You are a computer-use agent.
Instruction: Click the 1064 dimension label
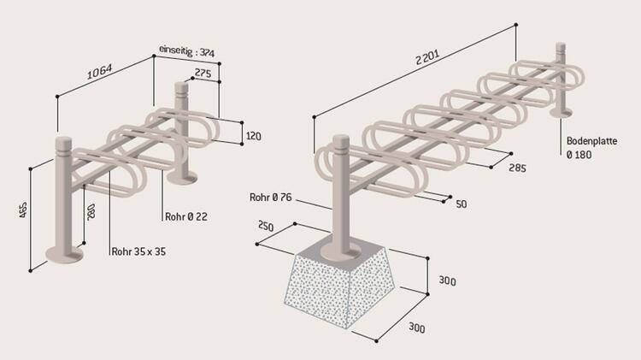coord(99,72)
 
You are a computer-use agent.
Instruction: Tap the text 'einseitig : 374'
coord(187,51)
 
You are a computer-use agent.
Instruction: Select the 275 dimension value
coord(203,73)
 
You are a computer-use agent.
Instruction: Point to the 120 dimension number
coord(254,136)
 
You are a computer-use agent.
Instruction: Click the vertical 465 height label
coord(23,210)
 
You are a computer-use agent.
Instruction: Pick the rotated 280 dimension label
coord(91,211)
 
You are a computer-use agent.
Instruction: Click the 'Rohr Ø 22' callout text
coord(186,216)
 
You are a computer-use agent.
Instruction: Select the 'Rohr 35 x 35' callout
coord(138,251)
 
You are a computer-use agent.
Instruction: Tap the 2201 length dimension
coord(427,57)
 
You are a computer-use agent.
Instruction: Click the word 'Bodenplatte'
coord(591,141)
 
